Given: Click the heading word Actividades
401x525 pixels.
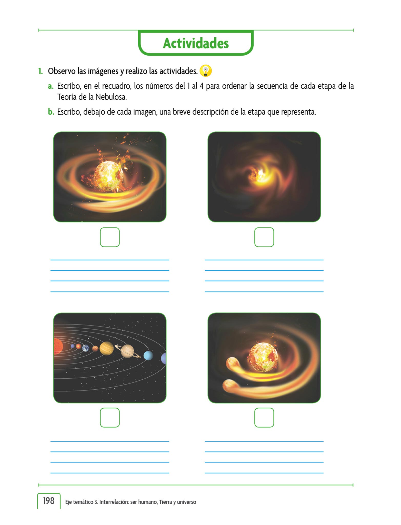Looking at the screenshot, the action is (x=196, y=43).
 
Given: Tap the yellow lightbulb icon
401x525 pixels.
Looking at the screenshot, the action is (x=206, y=71).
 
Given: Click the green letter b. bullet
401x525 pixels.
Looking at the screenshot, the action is (x=51, y=112).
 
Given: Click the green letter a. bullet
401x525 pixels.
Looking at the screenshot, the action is (x=51, y=86).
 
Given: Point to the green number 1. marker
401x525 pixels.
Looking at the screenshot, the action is (x=41, y=71).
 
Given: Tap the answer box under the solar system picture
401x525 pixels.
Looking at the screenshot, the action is (x=110, y=418).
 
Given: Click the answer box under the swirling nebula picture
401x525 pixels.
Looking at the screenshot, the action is (x=264, y=237).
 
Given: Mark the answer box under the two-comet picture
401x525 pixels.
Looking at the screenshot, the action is (x=264, y=418).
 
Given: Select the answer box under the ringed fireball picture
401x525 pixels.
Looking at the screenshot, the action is (x=110, y=237).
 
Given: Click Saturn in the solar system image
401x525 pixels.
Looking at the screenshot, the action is (x=127, y=351).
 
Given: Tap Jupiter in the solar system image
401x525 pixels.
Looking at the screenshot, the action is (x=107, y=348).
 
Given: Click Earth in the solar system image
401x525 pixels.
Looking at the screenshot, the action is (x=86, y=348).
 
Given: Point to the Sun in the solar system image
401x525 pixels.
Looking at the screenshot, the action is (x=58, y=346).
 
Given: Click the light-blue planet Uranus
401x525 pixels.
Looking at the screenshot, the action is (x=148, y=356).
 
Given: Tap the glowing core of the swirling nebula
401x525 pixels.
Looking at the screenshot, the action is (x=260, y=176).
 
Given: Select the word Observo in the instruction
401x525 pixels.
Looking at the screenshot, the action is (x=62, y=71).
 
